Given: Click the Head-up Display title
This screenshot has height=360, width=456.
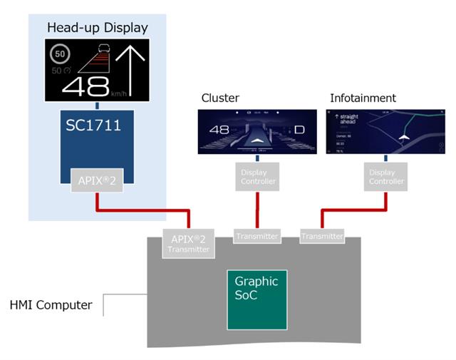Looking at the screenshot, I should (98, 28).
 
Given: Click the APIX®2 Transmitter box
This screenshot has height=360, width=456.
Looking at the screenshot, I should (188, 243).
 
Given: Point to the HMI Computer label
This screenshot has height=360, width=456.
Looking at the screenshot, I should (51, 305).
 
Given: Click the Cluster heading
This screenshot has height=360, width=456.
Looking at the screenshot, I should (220, 98).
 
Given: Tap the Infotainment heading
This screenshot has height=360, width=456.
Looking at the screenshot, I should (363, 98).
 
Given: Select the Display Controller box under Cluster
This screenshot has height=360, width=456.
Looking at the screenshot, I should (256, 176).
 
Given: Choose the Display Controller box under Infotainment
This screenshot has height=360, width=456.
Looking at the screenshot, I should (387, 176).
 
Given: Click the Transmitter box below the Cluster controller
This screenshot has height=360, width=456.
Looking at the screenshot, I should (256, 236).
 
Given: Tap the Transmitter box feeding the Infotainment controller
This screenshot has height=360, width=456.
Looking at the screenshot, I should (322, 236).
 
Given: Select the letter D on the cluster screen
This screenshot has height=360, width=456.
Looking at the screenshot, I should (299, 130).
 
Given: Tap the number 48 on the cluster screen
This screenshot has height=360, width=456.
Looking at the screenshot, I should (219, 130).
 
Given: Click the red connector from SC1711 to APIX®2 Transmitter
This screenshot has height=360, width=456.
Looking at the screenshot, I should (142, 210).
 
